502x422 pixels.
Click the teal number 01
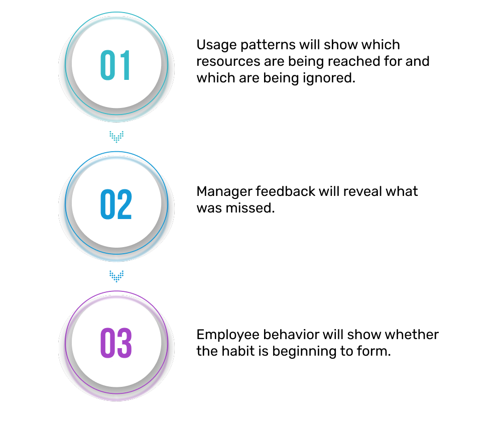[x=116, y=66]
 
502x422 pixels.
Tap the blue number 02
[x=116, y=204]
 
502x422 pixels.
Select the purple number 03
[x=116, y=343]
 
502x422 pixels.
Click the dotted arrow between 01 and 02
[x=116, y=136]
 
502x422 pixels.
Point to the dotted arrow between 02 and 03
[x=116, y=275]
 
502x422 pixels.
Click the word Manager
[x=224, y=192]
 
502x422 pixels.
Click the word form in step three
[x=378, y=351]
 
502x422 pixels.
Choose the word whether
[x=412, y=335]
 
